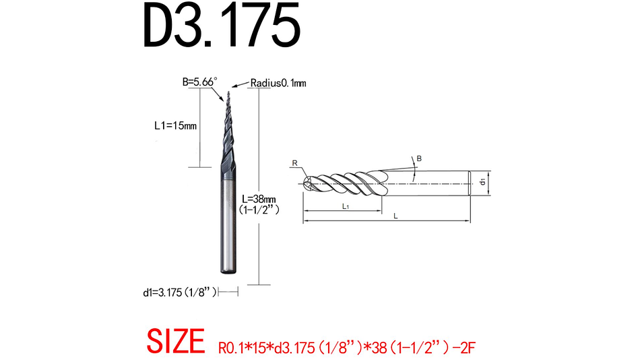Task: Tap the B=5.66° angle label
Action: pos(200,82)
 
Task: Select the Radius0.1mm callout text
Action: pos(278,83)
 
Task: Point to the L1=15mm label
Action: pos(175,125)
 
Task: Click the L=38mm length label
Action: pos(259,200)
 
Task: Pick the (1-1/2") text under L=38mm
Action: pos(259,210)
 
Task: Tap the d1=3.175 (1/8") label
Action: pos(179,292)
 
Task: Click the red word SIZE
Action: pos(175,342)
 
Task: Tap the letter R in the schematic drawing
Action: pos(294,162)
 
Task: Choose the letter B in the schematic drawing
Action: pos(419,158)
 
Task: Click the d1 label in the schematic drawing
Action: pos(482,182)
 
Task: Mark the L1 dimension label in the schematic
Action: pos(344,206)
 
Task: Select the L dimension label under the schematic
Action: pos(395,216)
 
